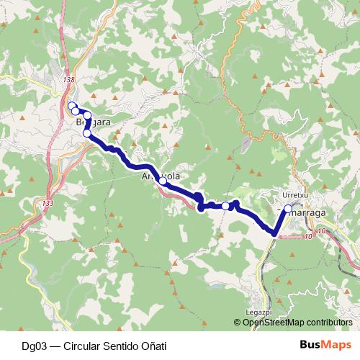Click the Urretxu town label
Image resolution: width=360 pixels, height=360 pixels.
point(295,194)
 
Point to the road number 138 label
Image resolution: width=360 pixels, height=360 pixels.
point(69,80)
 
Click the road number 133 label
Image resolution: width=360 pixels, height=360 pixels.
point(48,204)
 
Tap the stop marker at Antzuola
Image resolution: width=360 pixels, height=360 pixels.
point(163,181)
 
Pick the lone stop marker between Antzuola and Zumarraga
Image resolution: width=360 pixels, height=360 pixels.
point(225,206)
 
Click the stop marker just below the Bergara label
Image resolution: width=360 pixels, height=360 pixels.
point(87,133)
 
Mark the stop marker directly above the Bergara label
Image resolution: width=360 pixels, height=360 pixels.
point(87,115)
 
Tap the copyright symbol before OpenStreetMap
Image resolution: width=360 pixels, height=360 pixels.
point(237,323)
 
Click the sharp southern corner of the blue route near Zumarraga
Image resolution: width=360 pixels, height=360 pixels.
point(274,233)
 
